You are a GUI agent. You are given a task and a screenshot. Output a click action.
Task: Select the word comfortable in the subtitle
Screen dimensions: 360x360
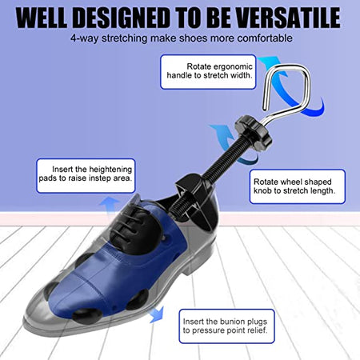coord(261,38)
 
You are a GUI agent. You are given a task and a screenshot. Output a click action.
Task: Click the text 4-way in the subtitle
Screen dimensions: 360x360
coord(85,38)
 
